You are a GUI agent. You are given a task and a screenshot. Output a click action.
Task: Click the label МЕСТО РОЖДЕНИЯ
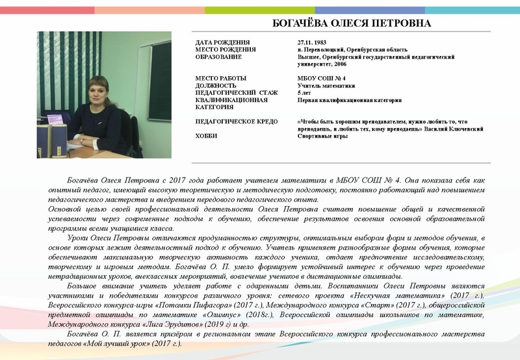tap(225, 50)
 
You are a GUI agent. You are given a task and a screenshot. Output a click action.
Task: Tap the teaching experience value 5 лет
tap(305, 93)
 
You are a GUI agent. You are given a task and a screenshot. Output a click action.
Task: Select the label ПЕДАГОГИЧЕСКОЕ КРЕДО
tap(237, 122)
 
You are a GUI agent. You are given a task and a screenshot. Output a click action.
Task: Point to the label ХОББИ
tap(207, 136)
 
